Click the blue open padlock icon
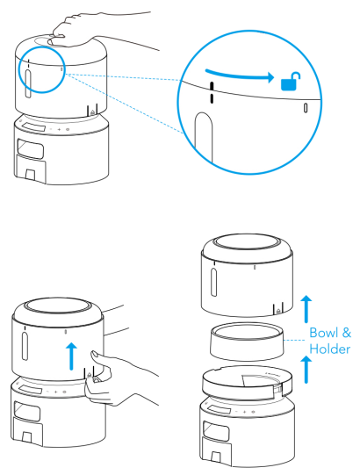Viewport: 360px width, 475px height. click(290, 81)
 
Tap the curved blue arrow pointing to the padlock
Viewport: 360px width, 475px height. click(240, 76)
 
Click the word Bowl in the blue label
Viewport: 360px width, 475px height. click(324, 333)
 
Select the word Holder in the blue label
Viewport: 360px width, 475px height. click(329, 349)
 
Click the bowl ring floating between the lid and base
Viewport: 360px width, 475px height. click(247, 341)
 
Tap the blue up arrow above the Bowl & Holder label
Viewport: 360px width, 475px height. click(306, 309)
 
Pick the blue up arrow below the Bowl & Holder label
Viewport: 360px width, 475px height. click(306, 370)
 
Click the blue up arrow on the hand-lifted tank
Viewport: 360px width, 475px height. click(71, 356)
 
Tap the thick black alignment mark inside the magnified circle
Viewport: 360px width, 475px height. click(212, 92)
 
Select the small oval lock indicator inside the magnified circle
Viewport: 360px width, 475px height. click(306, 108)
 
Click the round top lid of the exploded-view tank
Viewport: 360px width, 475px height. click(247, 244)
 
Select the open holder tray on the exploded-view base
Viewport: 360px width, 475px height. click(248, 382)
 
